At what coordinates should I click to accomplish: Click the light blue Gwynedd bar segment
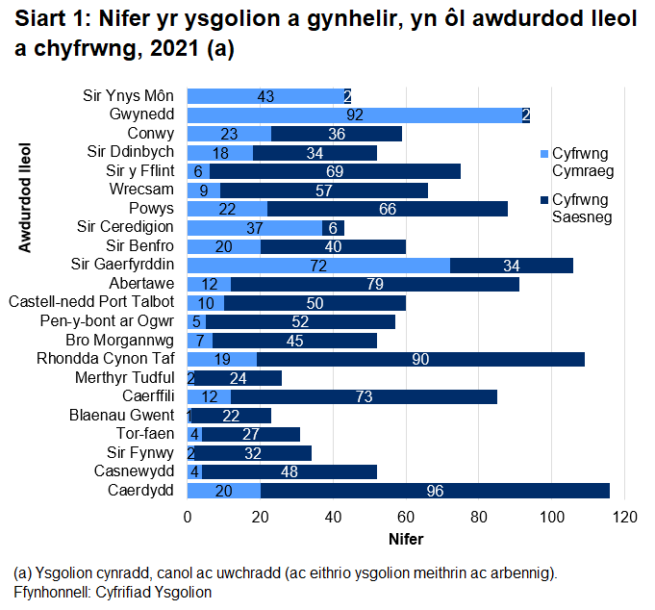(x=289, y=115)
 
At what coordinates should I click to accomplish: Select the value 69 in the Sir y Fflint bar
(x=336, y=171)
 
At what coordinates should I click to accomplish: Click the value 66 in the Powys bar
(x=387, y=209)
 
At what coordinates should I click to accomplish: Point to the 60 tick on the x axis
(x=406, y=519)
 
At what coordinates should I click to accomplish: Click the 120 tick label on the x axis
(x=625, y=519)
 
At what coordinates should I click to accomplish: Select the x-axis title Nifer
(x=405, y=539)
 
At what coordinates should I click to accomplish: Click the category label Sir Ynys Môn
(x=130, y=96)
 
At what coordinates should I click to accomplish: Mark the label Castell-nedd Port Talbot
(x=91, y=303)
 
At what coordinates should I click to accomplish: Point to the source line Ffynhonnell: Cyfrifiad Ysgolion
(x=113, y=592)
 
